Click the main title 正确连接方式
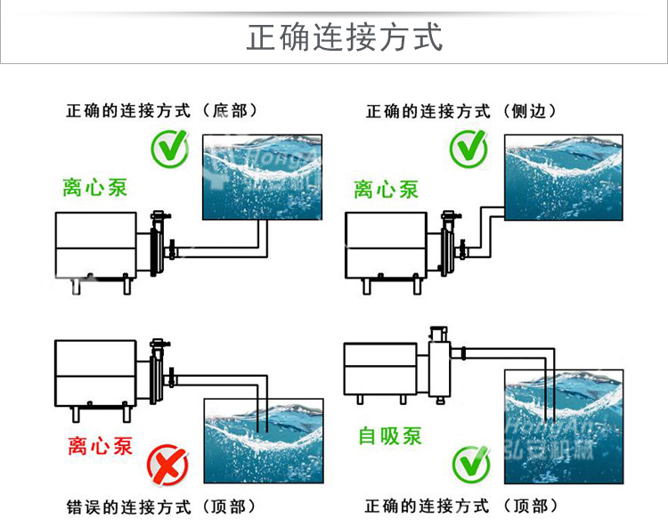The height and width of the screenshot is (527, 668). pos(344,38)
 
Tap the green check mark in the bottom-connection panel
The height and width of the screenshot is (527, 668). pos(168,149)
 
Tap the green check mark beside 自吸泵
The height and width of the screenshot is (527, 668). pos(471,463)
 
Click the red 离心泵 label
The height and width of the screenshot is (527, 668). pos(100,446)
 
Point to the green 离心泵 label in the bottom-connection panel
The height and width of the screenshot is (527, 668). pos(95,188)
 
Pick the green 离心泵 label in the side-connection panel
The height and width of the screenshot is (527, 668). pos(386,189)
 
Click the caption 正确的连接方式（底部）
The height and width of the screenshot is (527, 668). pos(162,111)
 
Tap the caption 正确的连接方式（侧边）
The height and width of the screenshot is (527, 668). pos(461,111)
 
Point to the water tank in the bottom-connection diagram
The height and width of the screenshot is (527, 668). pos(262,176)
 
